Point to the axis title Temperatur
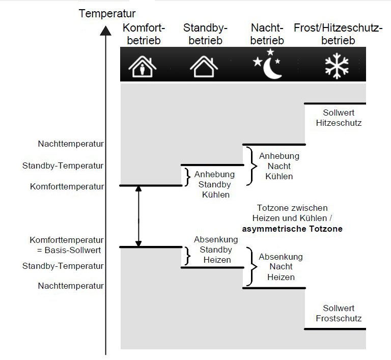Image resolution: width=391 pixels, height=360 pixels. [107, 13]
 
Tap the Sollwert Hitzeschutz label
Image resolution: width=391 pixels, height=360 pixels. [334, 118]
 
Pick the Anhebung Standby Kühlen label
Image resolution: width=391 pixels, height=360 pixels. [211, 184]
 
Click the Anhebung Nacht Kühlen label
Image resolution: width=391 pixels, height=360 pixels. [279, 166]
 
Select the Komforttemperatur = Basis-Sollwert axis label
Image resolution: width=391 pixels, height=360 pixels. [67, 245]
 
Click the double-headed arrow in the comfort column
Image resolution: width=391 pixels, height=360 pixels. [138, 216]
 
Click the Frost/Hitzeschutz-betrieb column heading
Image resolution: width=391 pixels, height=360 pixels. [338, 34]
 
